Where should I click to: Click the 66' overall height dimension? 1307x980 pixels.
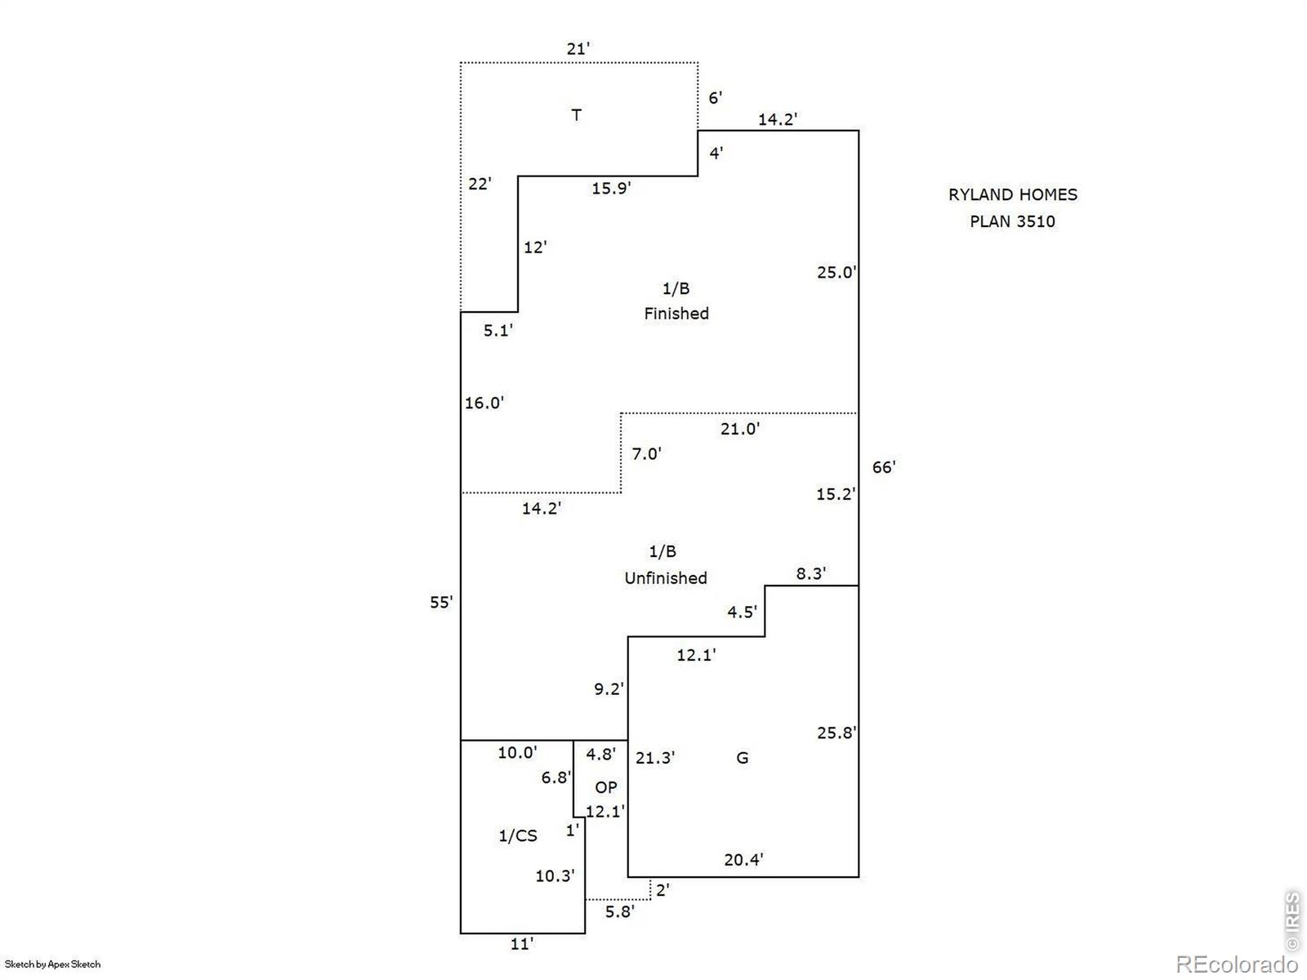click(884, 467)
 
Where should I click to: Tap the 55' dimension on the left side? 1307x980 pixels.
click(441, 602)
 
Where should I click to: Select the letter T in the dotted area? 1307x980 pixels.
click(577, 115)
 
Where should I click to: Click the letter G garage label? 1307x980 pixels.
click(742, 758)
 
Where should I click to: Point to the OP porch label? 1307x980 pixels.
click(606, 787)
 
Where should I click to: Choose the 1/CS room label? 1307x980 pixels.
click(518, 835)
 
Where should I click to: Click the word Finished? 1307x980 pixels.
click(676, 314)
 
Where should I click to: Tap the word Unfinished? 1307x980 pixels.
click(666, 577)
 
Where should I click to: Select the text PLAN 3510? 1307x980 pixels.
click(1012, 221)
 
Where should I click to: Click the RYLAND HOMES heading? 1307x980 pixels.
click(1013, 194)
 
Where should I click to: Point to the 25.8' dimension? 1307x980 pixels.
click(836, 733)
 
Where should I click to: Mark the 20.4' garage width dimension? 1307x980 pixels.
click(743, 859)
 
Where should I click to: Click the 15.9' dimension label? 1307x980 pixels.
click(611, 188)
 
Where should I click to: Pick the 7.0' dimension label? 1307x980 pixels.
click(647, 454)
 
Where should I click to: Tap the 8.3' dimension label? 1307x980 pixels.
click(811, 573)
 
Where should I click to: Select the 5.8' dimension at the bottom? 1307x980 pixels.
click(620, 911)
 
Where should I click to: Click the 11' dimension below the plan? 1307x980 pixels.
click(522, 944)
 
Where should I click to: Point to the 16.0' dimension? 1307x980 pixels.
click(484, 403)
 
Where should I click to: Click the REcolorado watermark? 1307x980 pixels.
click(1237, 964)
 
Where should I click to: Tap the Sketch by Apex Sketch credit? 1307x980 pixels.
click(52, 964)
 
